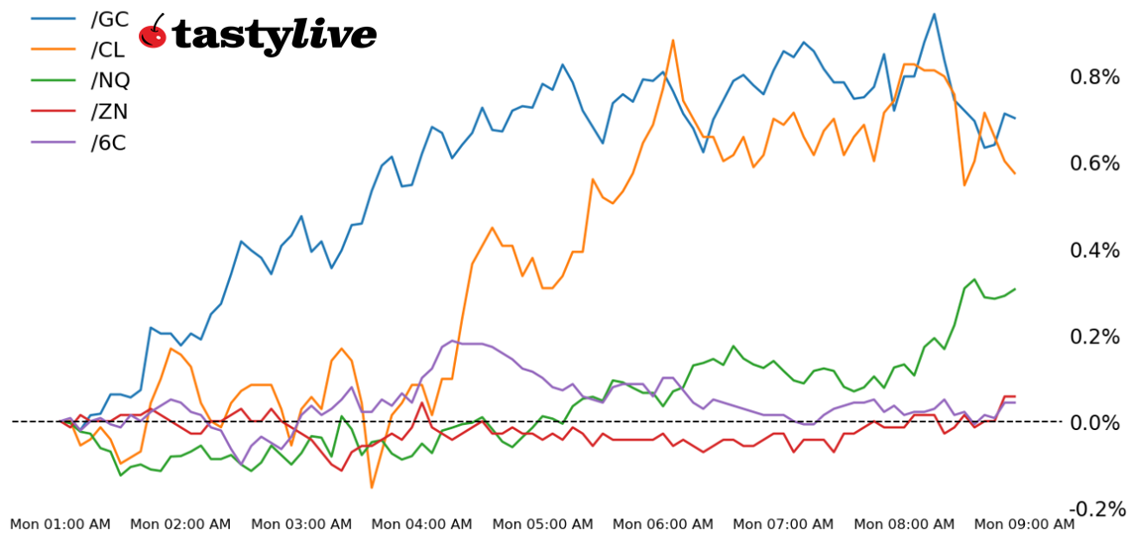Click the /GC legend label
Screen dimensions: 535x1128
click(x=109, y=18)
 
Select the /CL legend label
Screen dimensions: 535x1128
click(x=108, y=49)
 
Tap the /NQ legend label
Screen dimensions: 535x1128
click(x=110, y=79)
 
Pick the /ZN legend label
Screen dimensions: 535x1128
click(x=109, y=111)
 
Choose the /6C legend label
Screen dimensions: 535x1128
click(x=108, y=142)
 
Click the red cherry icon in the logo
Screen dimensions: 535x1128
click(x=153, y=33)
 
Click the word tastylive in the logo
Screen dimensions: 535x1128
click(x=274, y=36)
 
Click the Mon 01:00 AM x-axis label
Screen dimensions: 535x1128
click(x=59, y=523)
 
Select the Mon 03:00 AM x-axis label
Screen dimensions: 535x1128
click(x=301, y=523)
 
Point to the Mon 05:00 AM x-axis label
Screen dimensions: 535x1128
click(x=542, y=523)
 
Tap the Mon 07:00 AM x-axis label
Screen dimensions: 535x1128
click(x=783, y=523)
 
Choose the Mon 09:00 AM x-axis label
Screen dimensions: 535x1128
click(x=1024, y=523)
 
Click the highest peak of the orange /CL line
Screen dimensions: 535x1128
click(x=673, y=41)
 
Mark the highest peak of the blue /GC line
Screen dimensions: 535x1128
click(x=934, y=14)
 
